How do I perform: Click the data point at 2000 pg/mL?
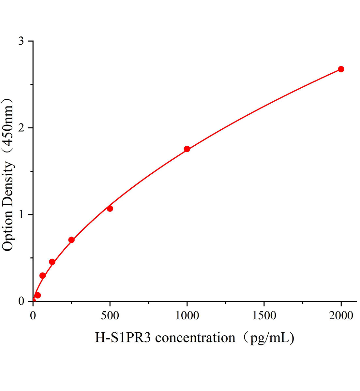341,69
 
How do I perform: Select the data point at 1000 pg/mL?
187,149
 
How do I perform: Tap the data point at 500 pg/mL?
110,209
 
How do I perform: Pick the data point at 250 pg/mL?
71,240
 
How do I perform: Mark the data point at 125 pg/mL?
52,262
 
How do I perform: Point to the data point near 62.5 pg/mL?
42,276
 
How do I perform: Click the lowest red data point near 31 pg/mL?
37,295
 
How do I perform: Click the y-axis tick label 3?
21,41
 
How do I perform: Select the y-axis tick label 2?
21,128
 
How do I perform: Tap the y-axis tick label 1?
21,215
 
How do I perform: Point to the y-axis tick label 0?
21,301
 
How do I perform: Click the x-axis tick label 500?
110,315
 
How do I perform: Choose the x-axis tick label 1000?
187,315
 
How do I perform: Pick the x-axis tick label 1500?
264,315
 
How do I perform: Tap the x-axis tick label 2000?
341,315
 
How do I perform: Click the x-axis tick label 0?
33,315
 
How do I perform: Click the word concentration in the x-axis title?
195,338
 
